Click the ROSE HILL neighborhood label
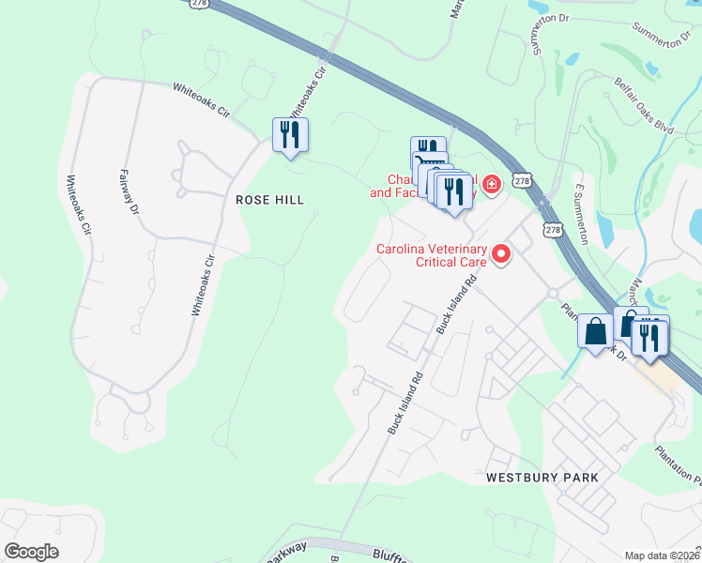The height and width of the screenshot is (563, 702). coord(269,200)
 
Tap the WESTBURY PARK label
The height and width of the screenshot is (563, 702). coord(542,478)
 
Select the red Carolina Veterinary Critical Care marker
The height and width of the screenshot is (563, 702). coord(501,253)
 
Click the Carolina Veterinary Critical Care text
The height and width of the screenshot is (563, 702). coord(432,255)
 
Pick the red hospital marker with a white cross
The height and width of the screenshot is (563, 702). coord(492,182)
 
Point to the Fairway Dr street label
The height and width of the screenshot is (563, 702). coord(130,192)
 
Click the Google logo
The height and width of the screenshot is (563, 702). coord(31,552)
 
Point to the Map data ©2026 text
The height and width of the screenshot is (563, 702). coord(663,555)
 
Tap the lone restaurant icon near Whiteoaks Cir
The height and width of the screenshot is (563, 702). coord(290,134)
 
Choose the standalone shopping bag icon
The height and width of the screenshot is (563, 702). coord(596,331)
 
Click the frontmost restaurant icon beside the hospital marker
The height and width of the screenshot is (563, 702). coord(454,192)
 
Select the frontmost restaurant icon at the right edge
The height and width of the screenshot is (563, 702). coord(650,337)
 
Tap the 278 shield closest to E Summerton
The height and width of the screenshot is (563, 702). coord(554,229)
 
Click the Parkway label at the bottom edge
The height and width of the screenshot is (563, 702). coord(286,552)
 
